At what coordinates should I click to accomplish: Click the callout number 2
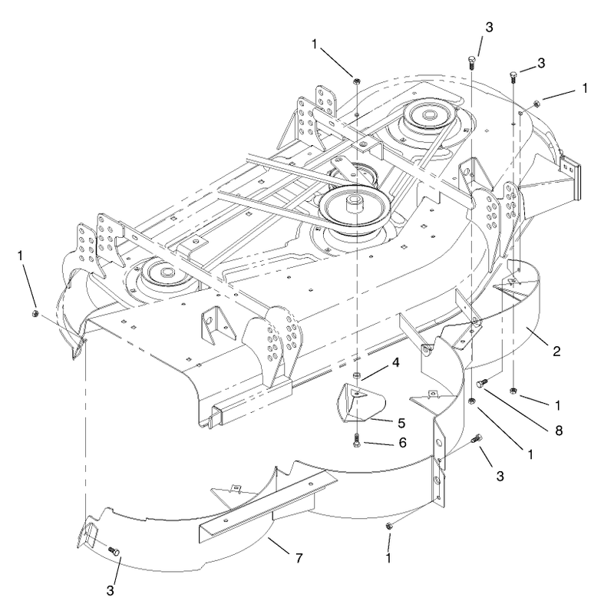(x=556, y=351)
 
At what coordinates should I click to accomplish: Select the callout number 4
(x=395, y=363)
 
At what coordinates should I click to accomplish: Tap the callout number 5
(x=401, y=423)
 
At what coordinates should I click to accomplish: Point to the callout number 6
(x=402, y=443)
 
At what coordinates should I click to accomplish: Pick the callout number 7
(x=299, y=558)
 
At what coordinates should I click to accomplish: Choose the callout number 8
(x=559, y=431)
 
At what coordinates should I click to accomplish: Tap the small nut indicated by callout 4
(x=356, y=375)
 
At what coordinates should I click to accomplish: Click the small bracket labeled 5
(x=360, y=404)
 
